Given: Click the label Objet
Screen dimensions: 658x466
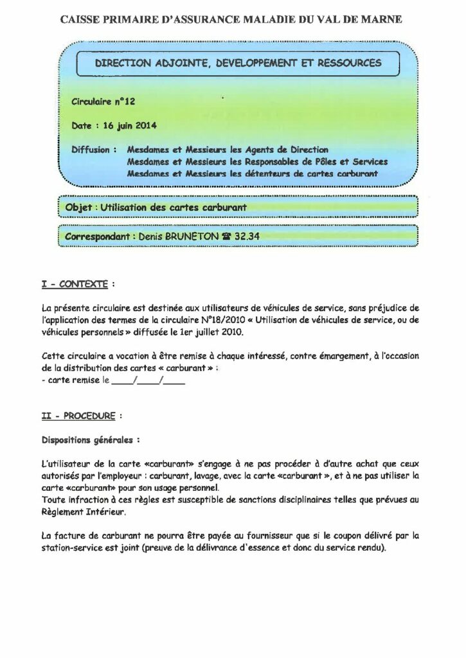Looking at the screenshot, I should coord(76,208).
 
